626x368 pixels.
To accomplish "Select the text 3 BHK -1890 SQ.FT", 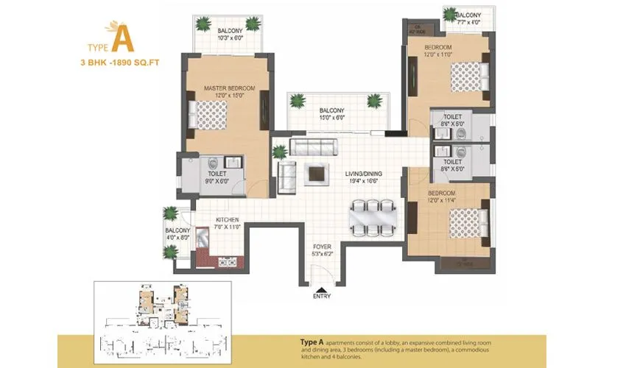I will coord(120,63).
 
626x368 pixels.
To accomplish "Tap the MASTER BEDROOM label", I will coord(229,88).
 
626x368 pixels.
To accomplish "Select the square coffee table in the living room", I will coord(317,173).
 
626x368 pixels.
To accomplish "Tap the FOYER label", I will coord(322,247).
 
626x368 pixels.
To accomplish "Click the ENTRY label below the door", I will coord(322,296).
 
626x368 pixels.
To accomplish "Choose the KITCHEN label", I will coord(225,220).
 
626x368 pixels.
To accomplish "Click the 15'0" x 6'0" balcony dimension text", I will coord(332,118).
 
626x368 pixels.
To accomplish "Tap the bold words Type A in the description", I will coord(314,343).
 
